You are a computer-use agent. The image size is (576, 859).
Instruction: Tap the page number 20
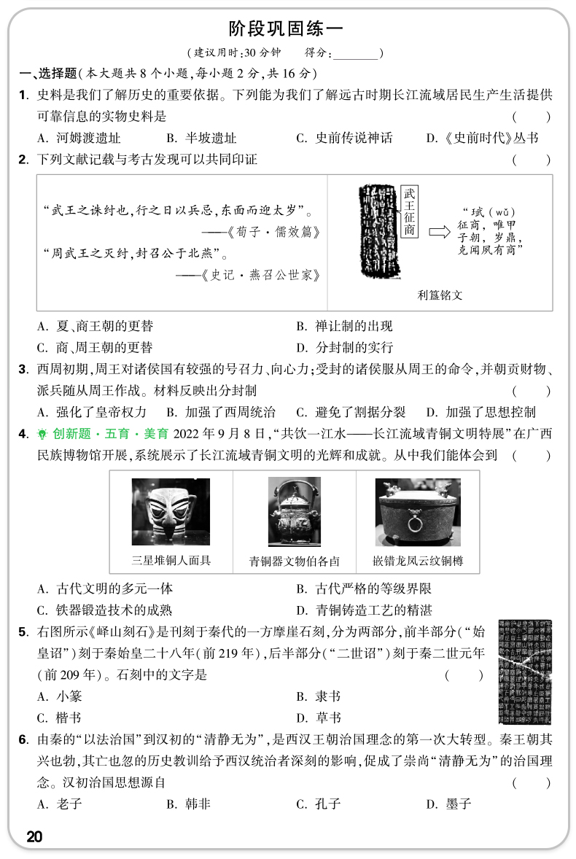(34, 836)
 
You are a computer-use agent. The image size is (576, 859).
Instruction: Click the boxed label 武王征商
(410, 211)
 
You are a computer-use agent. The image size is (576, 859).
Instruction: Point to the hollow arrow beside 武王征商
(440, 232)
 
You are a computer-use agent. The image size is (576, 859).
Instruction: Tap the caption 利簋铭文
(440, 295)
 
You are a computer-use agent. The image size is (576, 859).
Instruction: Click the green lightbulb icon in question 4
(42, 434)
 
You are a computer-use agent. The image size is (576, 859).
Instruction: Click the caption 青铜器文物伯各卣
(294, 561)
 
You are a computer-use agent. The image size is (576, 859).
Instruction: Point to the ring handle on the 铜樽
(417, 525)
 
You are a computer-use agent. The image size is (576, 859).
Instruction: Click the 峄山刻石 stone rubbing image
(524, 672)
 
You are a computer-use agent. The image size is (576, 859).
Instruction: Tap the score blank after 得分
(356, 53)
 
